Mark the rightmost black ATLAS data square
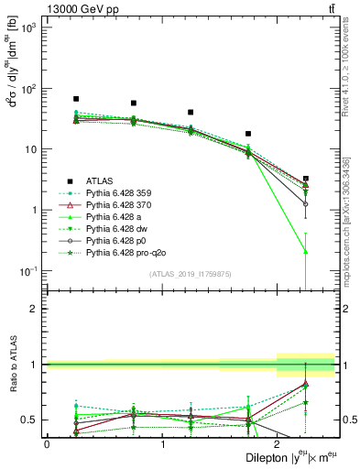coord(306,179)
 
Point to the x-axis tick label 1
coord(162,444)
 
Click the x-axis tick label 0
coord(47,444)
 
